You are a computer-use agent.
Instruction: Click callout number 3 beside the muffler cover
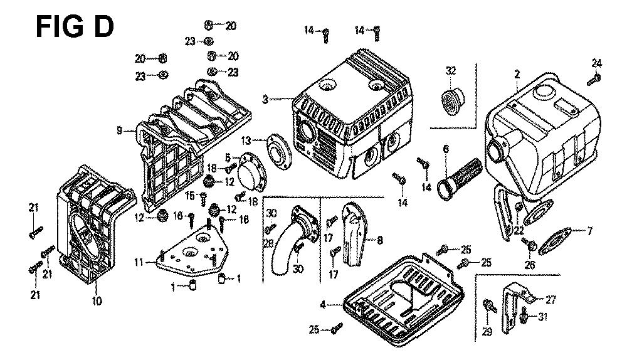tap(266, 99)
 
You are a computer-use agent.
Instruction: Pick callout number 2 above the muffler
tap(516, 74)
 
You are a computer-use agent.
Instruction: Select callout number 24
tap(597, 62)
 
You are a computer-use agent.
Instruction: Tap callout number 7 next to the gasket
tap(589, 232)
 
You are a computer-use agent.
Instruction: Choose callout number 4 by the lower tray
tap(323, 305)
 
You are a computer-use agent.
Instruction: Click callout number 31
tap(543, 317)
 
